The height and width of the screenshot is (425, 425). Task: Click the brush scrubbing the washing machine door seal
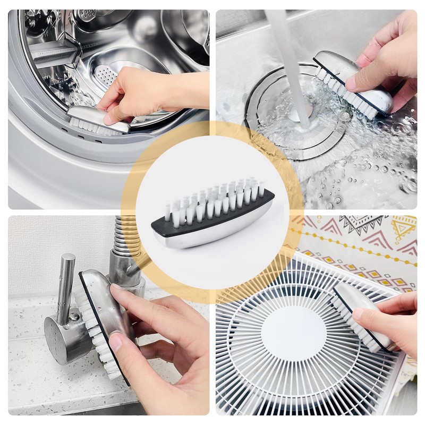click(x=98, y=120)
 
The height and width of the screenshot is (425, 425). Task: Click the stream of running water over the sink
click(x=290, y=64)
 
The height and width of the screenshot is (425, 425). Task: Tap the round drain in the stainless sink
click(x=297, y=114)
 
